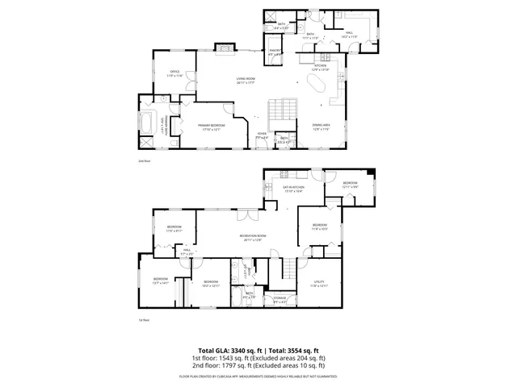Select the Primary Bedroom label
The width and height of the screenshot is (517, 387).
213,127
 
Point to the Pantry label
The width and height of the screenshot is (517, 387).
275,53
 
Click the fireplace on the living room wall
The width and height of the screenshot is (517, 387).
223,48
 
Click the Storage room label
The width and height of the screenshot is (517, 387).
280,300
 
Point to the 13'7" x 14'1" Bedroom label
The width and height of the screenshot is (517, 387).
159,281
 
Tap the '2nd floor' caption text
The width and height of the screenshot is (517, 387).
145,162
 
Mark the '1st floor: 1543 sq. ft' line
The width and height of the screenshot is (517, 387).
258,358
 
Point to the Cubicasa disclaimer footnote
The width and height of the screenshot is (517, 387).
258,376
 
